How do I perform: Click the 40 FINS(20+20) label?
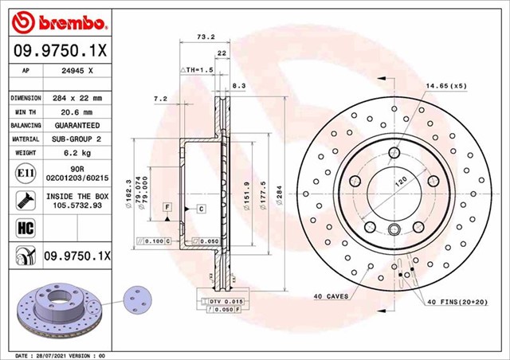tap(465, 303)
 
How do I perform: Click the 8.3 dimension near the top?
tap(238, 85)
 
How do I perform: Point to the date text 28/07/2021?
tap(53, 354)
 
